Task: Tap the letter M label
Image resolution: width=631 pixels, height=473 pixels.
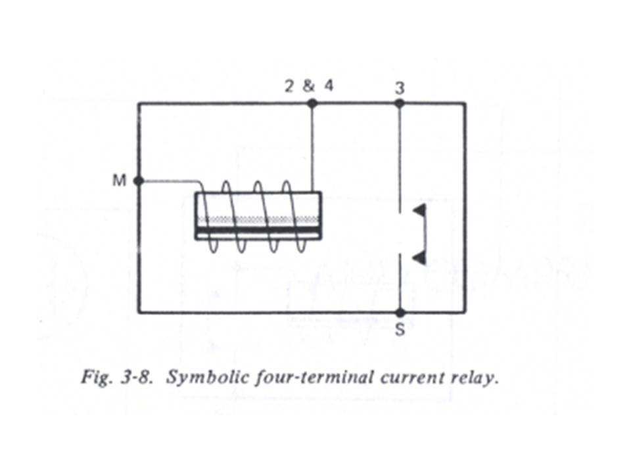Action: pos(119,181)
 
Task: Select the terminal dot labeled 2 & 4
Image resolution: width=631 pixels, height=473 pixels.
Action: pos(312,103)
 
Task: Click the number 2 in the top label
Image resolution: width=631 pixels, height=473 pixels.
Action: pos(289,87)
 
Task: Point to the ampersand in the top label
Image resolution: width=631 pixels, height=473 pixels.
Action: pos(308,87)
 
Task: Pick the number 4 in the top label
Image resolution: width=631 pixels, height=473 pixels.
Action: pos(328,87)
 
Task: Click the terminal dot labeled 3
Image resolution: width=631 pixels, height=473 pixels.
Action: pos(400,103)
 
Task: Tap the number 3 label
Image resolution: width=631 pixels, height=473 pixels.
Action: pos(400,87)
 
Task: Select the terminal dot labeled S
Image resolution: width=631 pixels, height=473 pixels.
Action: pos(400,313)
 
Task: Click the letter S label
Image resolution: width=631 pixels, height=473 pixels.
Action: pos(400,330)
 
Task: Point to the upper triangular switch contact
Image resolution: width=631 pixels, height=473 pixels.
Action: pos(419,210)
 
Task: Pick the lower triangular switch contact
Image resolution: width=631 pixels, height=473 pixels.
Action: pos(419,258)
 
